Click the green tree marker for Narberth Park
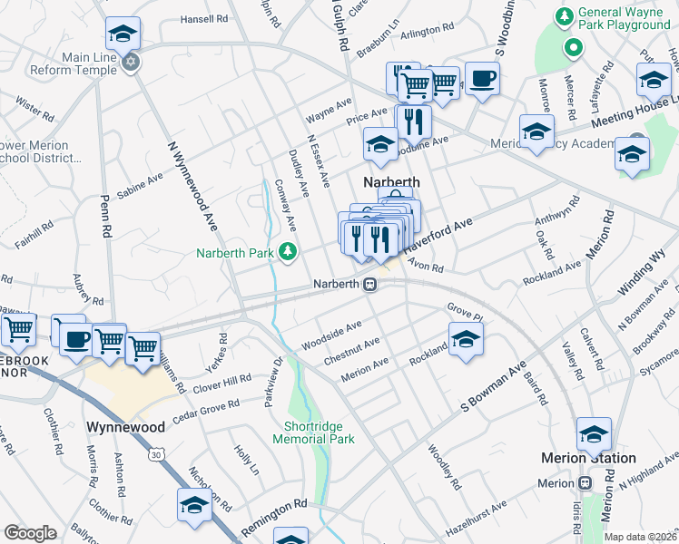point(288,251)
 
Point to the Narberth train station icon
point(370,285)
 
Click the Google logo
point(30,532)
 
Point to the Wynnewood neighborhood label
point(125,426)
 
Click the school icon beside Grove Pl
point(466,339)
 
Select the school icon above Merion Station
point(594,433)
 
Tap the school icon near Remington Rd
point(194,504)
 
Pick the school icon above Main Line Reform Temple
point(123,34)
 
